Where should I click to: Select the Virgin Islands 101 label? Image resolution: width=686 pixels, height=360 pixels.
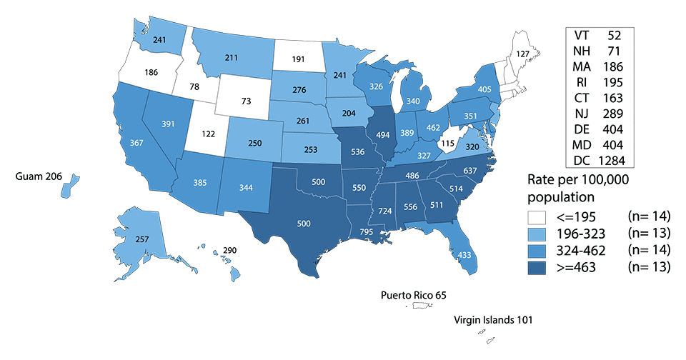493,321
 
